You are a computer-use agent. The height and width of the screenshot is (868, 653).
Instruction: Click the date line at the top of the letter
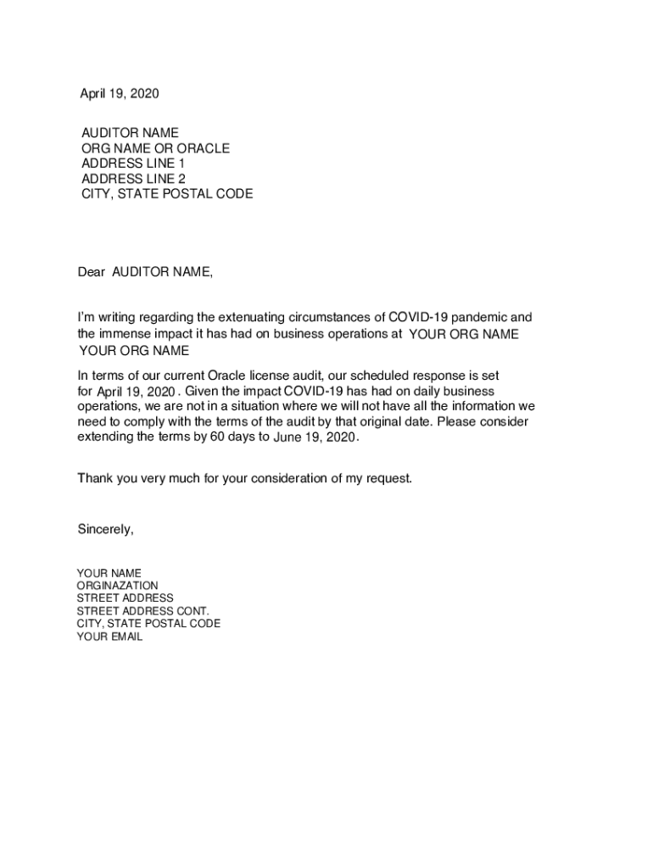[120, 94]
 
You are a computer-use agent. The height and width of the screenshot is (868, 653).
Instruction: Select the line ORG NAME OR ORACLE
[155, 148]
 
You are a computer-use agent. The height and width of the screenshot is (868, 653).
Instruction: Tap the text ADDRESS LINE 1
[132, 164]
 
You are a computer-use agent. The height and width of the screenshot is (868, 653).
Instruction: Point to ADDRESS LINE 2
[133, 179]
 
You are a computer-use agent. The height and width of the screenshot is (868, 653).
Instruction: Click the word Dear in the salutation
[92, 272]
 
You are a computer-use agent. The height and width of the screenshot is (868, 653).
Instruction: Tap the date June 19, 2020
[315, 437]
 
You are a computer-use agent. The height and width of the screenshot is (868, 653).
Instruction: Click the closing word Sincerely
[105, 530]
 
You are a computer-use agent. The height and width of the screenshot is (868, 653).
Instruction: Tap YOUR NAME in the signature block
[109, 574]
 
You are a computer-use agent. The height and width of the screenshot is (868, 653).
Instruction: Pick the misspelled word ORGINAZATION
[117, 586]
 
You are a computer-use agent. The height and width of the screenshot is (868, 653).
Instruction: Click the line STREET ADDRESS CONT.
[142, 611]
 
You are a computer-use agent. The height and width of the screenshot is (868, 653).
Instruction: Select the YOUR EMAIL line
[109, 637]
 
